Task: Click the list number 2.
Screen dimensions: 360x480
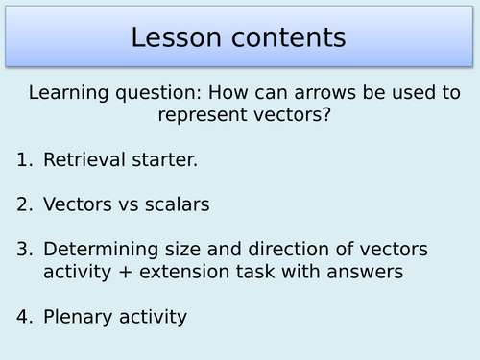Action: [x=23, y=204]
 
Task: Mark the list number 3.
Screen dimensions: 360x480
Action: [x=23, y=250]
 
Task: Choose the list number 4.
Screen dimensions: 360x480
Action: [x=23, y=315]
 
